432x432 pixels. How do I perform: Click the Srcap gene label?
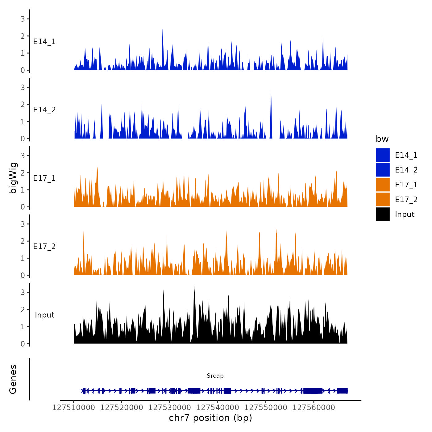[x=215, y=376]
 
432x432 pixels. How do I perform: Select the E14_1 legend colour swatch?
[x=383, y=155]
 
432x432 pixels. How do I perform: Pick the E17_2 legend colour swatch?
[x=383, y=199]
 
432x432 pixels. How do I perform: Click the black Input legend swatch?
[x=383, y=214]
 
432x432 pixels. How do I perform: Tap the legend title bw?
[x=382, y=139]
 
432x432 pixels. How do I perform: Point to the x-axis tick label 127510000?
[x=74, y=408]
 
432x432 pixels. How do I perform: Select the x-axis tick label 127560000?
[x=314, y=408]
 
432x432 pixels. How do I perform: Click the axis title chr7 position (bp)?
[x=210, y=418]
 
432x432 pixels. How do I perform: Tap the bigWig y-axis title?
[x=13, y=178]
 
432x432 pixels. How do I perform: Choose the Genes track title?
[x=13, y=379]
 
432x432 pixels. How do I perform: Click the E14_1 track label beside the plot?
[x=44, y=42]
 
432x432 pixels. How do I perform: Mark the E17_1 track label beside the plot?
[x=44, y=178]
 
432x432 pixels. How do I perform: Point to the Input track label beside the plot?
[x=44, y=315]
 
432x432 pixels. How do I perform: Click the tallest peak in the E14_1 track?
[x=163, y=30]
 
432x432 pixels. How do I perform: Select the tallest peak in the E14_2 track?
[x=271, y=91]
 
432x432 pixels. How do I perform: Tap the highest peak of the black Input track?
[x=194, y=287]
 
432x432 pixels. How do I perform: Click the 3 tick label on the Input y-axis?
[x=23, y=292]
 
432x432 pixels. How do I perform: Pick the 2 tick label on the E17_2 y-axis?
[x=23, y=241]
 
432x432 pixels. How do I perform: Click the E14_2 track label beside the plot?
[x=44, y=110]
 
